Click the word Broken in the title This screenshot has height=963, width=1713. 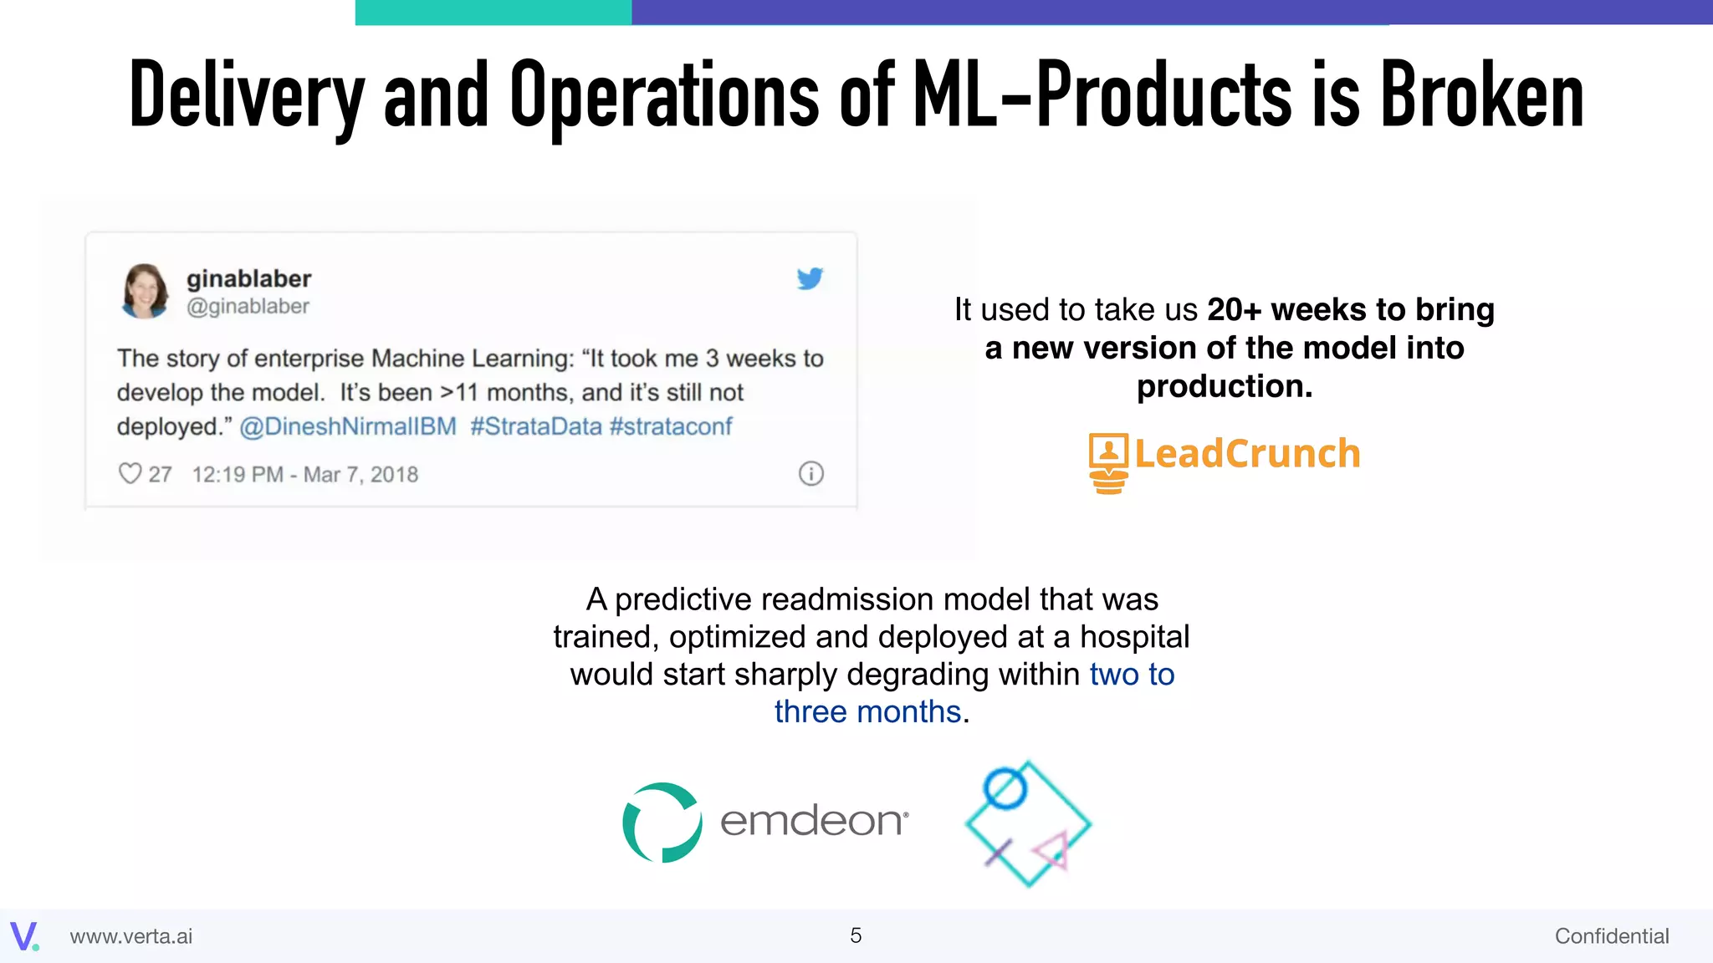[1481, 96]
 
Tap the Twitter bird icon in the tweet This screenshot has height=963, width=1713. [810, 278]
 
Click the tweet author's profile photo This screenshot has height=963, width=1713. [145, 291]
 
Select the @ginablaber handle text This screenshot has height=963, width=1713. [248, 307]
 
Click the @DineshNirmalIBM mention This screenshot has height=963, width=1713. [348, 426]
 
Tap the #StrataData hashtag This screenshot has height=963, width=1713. [535, 426]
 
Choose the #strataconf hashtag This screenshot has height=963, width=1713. [671, 426]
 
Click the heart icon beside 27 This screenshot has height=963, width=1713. [130, 474]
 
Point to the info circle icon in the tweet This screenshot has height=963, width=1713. [810, 474]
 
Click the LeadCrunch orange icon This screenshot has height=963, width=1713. [1108, 462]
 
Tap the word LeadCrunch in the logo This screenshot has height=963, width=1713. [1247, 454]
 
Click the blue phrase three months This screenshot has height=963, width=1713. [867, 712]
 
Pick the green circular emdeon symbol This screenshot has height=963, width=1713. [662, 823]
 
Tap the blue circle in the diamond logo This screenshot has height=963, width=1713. [1005, 787]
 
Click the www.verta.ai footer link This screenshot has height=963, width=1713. [131, 936]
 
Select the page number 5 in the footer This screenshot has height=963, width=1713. [856, 935]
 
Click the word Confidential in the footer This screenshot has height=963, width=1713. [1611, 936]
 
